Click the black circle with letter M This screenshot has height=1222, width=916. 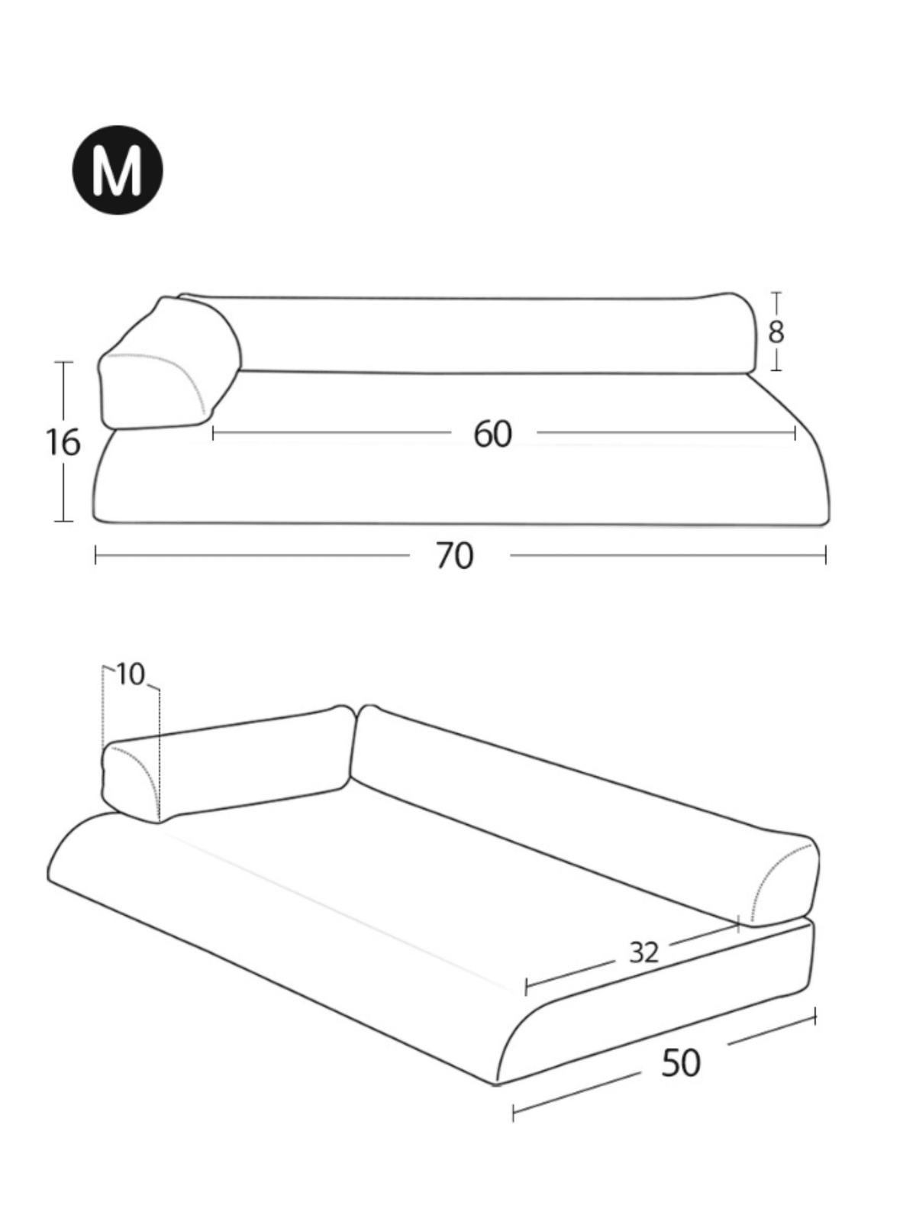117,170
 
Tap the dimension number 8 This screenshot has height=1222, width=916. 776,332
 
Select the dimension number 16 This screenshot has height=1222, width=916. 63,442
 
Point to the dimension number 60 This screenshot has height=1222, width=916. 492,434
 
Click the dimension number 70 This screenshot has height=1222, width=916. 455,555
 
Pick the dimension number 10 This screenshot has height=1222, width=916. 131,674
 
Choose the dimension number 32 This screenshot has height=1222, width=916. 643,952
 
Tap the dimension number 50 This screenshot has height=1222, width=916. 680,1062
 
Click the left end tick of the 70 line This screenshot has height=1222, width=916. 95,554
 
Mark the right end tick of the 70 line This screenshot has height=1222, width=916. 825,554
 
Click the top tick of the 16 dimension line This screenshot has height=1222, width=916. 64,362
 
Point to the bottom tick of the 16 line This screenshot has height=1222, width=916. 64,522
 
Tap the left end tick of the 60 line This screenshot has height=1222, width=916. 213,433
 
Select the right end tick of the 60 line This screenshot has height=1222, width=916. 795,433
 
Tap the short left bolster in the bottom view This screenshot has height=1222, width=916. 229,764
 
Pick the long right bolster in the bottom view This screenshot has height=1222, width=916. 580,810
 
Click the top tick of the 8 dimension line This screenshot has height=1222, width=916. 776,293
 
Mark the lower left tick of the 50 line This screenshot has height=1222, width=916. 514,1112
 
